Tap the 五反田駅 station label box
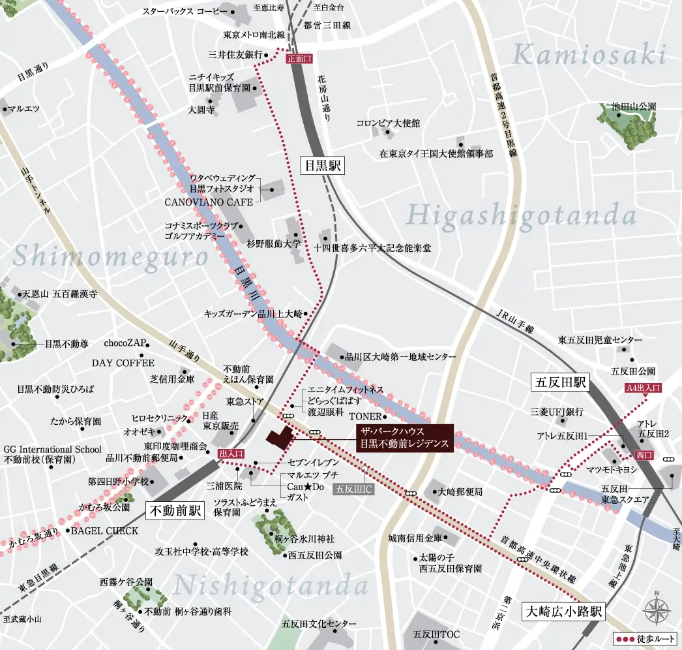pos(559,382)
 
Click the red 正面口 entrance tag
pos(299,58)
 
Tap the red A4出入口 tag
pos(643,388)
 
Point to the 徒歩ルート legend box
pos(645,638)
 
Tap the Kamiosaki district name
pos(589,55)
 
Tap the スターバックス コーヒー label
pos(185,12)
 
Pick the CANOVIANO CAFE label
pos(209,202)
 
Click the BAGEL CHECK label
pos(104,531)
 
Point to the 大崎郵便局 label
pos(460,491)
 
